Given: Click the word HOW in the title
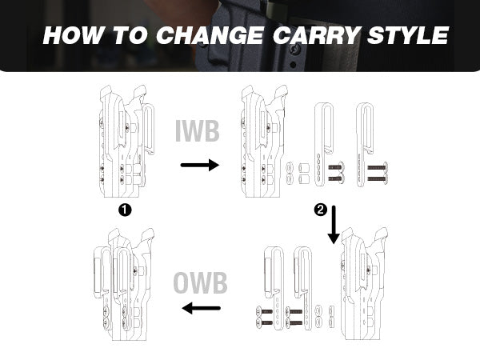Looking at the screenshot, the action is coord(73,35).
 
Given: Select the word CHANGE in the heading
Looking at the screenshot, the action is coord(210,35).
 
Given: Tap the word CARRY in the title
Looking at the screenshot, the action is coord(317,35).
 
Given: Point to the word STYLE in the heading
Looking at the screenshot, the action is coord(408,35).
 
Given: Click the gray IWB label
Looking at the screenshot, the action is coord(198,131).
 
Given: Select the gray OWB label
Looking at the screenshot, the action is coord(200,282).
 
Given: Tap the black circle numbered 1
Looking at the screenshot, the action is coord(125,210).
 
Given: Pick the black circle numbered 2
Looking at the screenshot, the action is coord(321,210).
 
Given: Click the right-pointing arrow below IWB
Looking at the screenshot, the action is coord(200,165).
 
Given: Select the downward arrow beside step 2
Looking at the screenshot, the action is coord(334,225).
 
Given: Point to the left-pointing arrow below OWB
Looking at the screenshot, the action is coord(201,308).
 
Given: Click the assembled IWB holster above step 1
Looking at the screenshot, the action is coord(127,141).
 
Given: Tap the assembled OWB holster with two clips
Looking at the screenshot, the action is coord(124,284).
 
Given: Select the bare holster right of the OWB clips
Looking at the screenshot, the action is coord(364,283).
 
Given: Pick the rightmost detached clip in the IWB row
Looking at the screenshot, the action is coord(365,145).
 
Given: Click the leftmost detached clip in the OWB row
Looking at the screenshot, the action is coord(274,288).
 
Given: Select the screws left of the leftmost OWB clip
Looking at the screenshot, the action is coord(265,317).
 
